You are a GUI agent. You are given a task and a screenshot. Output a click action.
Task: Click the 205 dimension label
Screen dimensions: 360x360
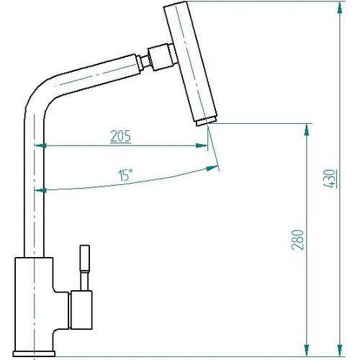coord(121,136)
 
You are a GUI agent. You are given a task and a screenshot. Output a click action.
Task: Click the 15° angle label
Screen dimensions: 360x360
coord(126,175)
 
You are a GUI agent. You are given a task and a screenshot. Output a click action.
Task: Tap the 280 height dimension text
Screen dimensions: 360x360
coord(298,240)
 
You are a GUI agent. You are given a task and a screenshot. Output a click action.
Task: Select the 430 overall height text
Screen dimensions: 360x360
coord(330,179)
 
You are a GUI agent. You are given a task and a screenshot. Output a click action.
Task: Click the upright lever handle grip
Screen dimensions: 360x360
coord(85,258)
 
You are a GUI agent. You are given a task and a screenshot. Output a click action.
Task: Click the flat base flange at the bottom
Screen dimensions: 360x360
coord(34,354)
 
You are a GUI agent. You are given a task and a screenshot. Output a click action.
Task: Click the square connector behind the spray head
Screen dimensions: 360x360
coord(161,57)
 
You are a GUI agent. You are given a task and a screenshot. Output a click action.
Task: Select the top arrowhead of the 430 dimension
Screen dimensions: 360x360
coord(340,7)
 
